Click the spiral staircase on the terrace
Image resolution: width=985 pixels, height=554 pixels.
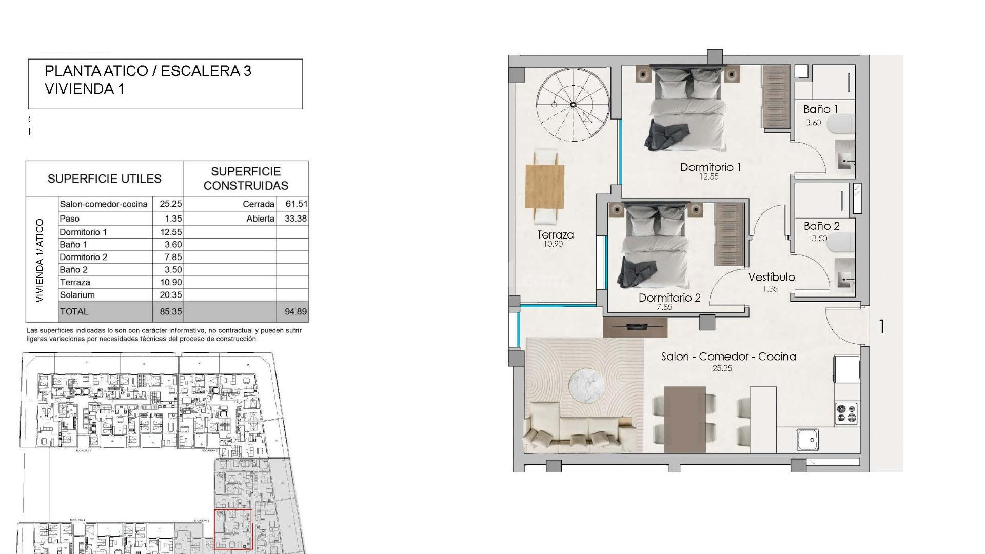coord(573,105)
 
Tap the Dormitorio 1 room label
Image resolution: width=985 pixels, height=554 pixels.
coord(711,167)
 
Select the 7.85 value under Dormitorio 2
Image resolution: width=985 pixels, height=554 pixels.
coord(664,307)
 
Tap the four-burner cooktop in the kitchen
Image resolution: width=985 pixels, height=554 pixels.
coord(846,413)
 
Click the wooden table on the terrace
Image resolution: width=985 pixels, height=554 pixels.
coord(545,186)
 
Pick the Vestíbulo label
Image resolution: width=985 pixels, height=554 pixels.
coord(771,278)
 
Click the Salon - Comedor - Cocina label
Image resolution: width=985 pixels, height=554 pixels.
coord(728,357)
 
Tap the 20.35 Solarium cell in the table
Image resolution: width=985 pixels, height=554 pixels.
coord(170,295)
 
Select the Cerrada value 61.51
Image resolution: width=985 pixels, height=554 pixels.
coord(296,204)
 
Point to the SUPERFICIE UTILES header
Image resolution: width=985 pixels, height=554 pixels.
coord(104,179)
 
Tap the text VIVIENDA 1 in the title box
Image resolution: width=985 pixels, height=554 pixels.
coord(84,89)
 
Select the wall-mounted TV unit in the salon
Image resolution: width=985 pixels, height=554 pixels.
coord(635,327)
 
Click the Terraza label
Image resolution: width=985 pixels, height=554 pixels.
coord(555,235)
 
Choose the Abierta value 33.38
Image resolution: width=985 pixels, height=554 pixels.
coord(295,219)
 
